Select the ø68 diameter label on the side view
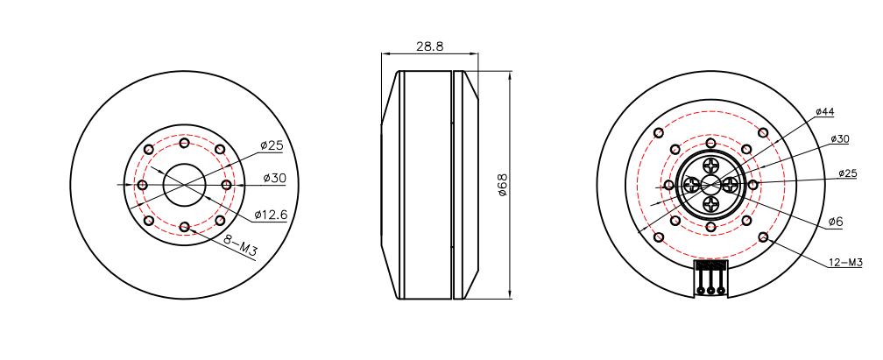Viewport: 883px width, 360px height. tap(503, 185)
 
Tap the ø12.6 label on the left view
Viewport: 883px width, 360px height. tap(271, 215)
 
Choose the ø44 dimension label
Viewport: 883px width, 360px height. tap(824, 112)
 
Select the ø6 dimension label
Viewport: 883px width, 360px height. tap(835, 222)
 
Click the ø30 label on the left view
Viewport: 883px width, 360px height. tap(274, 178)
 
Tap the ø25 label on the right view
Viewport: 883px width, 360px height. tap(847, 173)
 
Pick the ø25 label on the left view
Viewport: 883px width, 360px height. tap(272, 145)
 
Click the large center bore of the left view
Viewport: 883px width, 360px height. tap(184, 185)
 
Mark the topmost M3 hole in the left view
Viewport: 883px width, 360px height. tap(184, 143)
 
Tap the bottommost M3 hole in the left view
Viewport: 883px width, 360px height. tap(184, 227)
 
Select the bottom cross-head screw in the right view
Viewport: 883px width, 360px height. tap(710, 205)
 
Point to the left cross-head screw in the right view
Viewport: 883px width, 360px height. tap(691, 185)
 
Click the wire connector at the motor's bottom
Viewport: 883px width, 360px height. tap(710, 277)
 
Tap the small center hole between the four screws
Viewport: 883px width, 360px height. tap(710, 185)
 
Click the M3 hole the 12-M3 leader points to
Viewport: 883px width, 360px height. tap(764, 237)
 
